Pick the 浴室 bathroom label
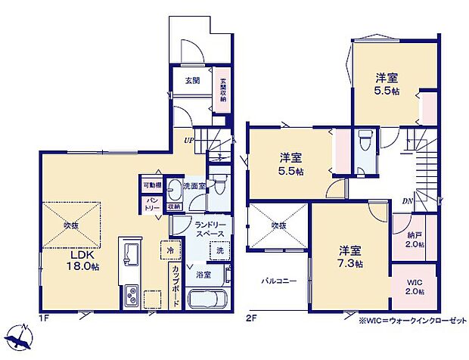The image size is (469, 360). pos(203,274)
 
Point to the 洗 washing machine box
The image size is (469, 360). pos(219,250)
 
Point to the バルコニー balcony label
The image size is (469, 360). pos(280,281)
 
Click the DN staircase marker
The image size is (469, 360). pos(408,200)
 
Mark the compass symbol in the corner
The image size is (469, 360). pos(20,339)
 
